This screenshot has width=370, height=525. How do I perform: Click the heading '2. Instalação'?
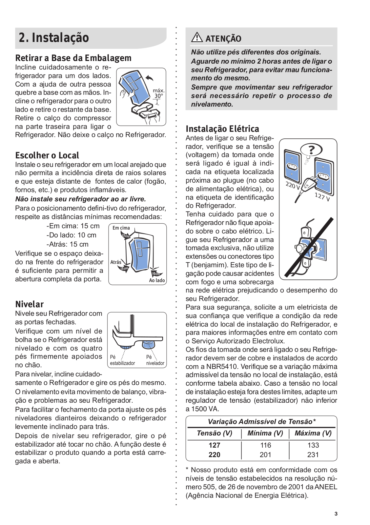(x=54, y=38)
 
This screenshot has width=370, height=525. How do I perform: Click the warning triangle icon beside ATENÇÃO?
(x=197, y=37)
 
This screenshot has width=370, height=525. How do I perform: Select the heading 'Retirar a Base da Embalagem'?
(x=73, y=58)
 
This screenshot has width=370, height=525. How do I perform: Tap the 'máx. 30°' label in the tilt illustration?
(x=158, y=93)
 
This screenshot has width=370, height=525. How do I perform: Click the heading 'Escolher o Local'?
(x=47, y=155)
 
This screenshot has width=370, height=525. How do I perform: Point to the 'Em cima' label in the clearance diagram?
(x=121, y=228)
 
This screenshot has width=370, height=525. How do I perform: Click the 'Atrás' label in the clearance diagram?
(x=116, y=262)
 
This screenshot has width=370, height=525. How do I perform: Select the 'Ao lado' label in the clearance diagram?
(x=157, y=280)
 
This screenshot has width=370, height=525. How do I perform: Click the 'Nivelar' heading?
(x=30, y=304)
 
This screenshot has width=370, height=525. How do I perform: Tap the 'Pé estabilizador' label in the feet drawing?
(x=122, y=360)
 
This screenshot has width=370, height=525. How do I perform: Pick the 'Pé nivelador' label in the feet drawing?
(x=155, y=360)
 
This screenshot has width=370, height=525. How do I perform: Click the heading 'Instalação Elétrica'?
(x=222, y=129)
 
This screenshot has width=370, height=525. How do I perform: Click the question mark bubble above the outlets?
(x=311, y=150)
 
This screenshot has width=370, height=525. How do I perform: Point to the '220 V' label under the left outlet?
(x=293, y=186)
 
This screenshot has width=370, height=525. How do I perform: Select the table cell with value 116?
(x=265, y=445)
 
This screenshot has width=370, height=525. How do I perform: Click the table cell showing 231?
(x=313, y=454)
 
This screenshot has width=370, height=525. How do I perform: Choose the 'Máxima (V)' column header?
(x=313, y=433)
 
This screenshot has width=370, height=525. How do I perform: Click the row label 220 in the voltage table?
(x=214, y=454)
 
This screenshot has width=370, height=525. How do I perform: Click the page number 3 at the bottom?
(x=336, y=514)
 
